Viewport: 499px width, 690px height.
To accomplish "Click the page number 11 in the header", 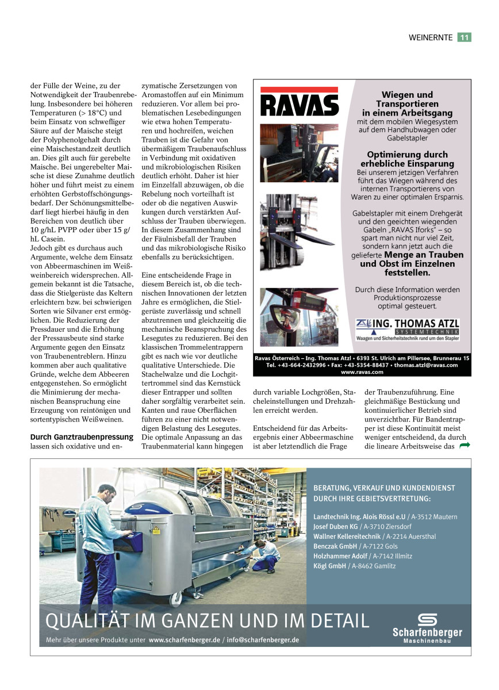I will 465,37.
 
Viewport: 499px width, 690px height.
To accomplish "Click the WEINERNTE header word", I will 431,37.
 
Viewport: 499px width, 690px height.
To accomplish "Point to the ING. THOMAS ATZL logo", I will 408,329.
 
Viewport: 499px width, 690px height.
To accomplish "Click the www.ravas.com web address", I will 362,372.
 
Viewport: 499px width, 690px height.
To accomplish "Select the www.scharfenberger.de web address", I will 186,639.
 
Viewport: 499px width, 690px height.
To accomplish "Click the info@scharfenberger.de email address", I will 263,639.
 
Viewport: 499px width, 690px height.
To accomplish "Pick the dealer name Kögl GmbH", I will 330,566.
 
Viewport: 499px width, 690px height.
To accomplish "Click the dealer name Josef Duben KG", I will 336,526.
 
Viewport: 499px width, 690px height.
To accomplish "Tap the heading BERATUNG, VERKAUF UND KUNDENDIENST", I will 384,488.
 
